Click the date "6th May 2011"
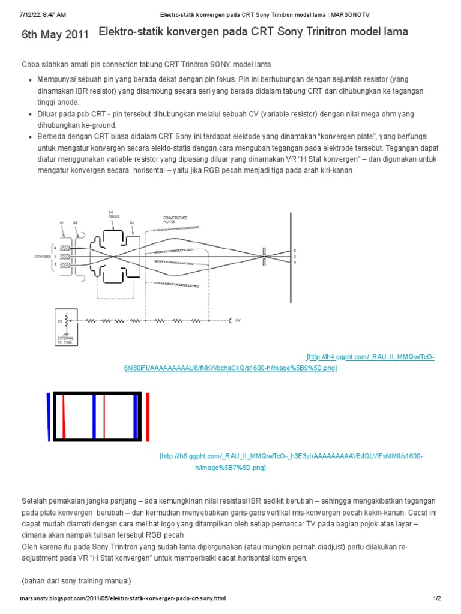click(x=55, y=35)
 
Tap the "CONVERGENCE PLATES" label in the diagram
click(x=175, y=219)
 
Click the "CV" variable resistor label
click(x=60, y=321)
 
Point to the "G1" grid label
click(x=61, y=222)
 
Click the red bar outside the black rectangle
click(x=147, y=417)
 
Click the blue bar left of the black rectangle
click(x=48, y=417)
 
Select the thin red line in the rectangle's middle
click(x=104, y=417)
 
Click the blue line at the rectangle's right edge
click(x=135, y=417)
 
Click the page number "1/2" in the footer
click(x=436, y=598)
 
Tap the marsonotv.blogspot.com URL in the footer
click(x=123, y=598)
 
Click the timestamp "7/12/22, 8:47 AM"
click(x=42, y=13)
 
